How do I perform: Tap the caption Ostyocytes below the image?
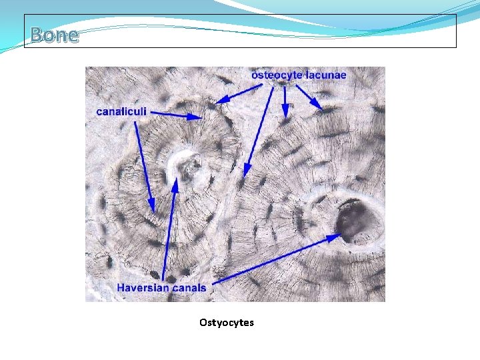point(226,323)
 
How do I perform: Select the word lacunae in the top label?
point(326,75)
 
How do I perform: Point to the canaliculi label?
point(121,111)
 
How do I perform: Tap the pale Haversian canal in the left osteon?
point(184,167)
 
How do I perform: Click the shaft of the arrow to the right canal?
point(280,260)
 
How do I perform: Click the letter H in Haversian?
point(121,288)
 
